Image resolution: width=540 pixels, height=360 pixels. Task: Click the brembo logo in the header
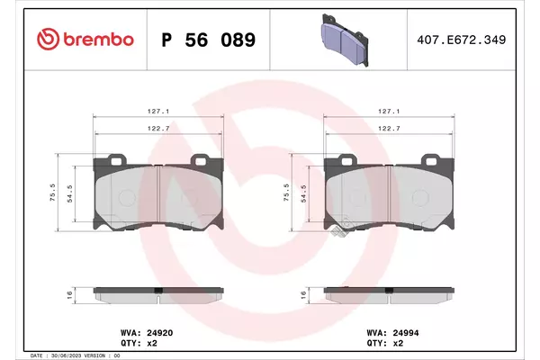click(x=85, y=40)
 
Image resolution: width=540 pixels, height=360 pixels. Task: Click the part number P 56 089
click(x=209, y=40)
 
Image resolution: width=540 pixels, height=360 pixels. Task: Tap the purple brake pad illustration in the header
click(x=345, y=40)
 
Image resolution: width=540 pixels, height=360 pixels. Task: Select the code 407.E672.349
click(x=462, y=40)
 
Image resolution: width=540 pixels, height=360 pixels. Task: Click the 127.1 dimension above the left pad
click(x=158, y=112)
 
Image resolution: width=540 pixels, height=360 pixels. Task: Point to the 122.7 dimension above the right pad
click(x=389, y=128)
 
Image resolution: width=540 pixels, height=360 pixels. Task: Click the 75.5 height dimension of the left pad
click(x=53, y=193)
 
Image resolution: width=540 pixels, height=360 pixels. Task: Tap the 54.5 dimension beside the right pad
click(x=303, y=193)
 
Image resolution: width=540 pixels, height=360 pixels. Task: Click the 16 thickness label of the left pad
click(x=69, y=295)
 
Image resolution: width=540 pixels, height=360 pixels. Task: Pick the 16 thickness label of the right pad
click(x=303, y=295)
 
